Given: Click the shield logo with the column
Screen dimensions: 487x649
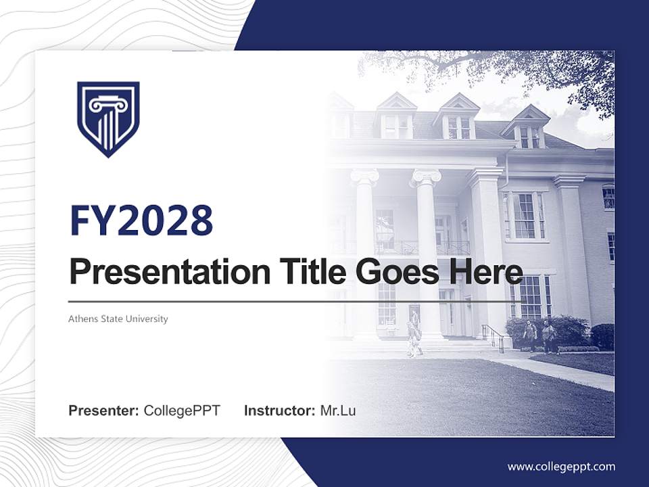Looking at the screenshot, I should pos(108,119).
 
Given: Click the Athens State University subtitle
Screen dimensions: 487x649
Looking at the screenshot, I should pos(118,319).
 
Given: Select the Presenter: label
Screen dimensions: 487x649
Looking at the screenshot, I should pos(104,411).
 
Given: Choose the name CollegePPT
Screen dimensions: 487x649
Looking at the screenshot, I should pos(182,411).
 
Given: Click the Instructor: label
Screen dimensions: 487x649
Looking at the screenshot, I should pos(279,411).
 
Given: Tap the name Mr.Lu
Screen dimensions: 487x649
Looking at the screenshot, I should pos(338,411).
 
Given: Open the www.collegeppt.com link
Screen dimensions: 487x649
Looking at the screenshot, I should pos(561,466).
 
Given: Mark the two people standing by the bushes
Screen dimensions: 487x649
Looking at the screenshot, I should pos(539,336).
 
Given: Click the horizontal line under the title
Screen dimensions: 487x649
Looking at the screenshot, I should pos(291,302).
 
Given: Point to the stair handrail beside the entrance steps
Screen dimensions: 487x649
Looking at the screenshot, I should pos(493,335).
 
